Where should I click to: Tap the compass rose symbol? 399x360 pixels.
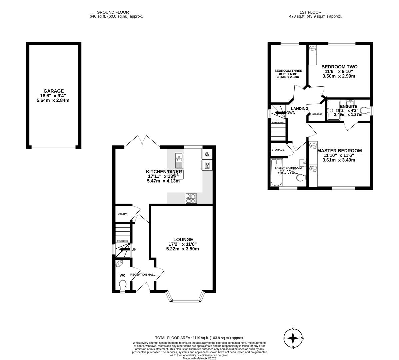(293, 338)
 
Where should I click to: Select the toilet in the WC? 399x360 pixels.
(123, 285)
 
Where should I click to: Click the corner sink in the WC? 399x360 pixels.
(119, 264)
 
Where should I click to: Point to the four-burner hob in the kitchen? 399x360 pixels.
(191, 198)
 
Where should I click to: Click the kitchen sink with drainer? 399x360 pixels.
(179, 160)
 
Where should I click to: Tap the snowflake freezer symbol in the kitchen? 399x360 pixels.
(207, 154)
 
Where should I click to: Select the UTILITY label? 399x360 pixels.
(122, 214)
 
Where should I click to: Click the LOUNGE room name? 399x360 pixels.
(183, 239)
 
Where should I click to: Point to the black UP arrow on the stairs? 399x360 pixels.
(125, 249)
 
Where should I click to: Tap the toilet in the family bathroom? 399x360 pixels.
(301, 178)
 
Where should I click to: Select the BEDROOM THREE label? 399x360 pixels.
(288, 71)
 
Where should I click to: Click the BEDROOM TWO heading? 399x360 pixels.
(339, 67)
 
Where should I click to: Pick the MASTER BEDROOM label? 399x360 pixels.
(339, 151)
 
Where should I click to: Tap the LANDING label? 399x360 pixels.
(299, 109)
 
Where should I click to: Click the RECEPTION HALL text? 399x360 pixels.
(143, 275)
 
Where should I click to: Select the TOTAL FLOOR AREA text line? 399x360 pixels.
(199, 338)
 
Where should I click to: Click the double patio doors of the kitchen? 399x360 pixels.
(142, 142)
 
